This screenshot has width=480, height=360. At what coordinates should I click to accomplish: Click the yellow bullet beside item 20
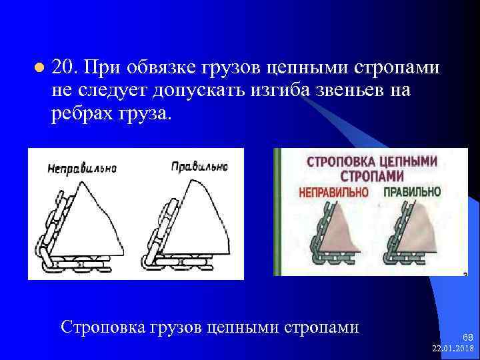[x=38, y=68]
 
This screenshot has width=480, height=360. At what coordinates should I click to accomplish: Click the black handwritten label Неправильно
[x=82, y=168]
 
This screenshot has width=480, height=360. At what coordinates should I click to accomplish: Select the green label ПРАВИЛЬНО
[x=412, y=191]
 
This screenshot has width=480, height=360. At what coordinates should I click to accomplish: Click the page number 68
[x=467, y=338]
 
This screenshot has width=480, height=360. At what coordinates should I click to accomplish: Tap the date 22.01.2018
[x=453, y=349]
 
